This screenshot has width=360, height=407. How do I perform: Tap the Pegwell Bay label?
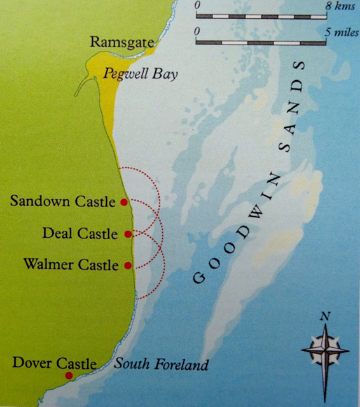tap(140, 74)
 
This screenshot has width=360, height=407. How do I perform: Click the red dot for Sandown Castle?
tap(124, 202)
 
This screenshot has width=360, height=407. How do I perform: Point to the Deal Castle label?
tap(80, 233)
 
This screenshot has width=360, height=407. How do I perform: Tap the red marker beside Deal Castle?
tap(128, 234)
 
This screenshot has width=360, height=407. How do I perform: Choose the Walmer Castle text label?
tap(70, 264)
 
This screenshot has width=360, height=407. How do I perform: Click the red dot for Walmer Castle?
tap(128, 265)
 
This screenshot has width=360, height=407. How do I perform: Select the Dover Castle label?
tap(54, 364)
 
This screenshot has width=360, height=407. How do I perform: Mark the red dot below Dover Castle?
tap(69, 376)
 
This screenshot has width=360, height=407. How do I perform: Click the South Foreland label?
tap(161, 365)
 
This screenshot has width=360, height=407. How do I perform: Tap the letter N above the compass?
tap(325, 316)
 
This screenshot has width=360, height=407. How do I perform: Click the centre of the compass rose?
tap(325, 348)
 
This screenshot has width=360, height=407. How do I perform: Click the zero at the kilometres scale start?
tap(198, 5)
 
